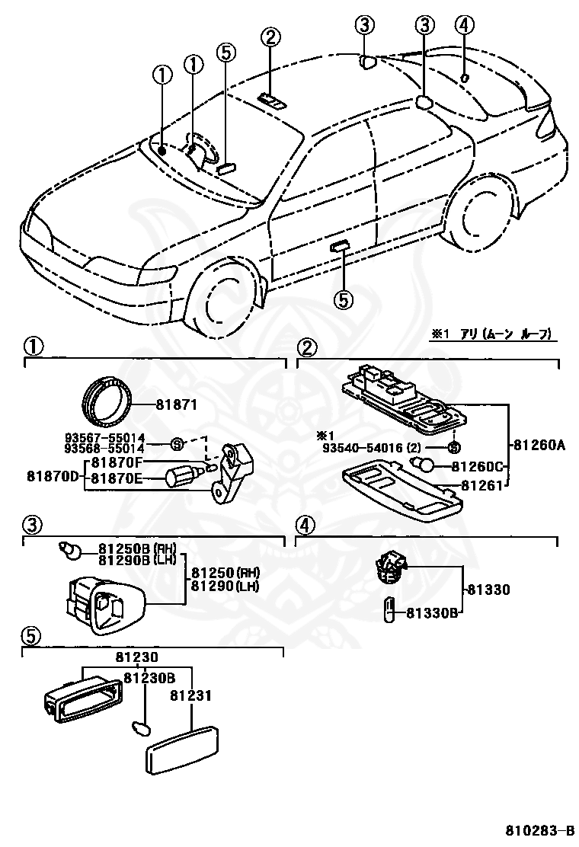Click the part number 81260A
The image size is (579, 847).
tap(538, 447)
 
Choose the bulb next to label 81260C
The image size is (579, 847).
tap(423, 465)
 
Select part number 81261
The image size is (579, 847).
tap(485, 486)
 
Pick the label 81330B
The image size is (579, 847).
tap(430, 612)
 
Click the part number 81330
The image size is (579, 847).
tap(488, 590)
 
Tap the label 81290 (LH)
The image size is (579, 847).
tap(225, 586)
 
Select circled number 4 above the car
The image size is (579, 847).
tap(466, 24)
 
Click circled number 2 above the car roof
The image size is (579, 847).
tap(270, 36)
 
